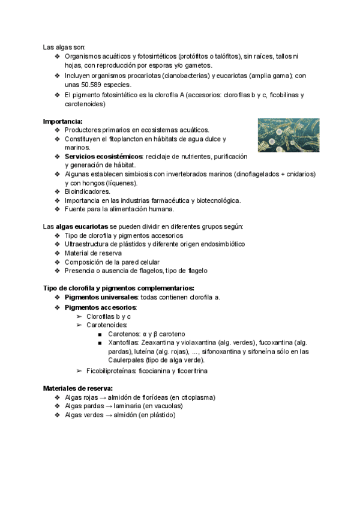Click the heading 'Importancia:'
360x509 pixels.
point(62,121)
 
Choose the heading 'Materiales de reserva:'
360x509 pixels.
point(78,388)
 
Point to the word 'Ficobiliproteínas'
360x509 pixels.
point(112,372)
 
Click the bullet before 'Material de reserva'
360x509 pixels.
point(57,253)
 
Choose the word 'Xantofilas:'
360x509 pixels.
point(124,342)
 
